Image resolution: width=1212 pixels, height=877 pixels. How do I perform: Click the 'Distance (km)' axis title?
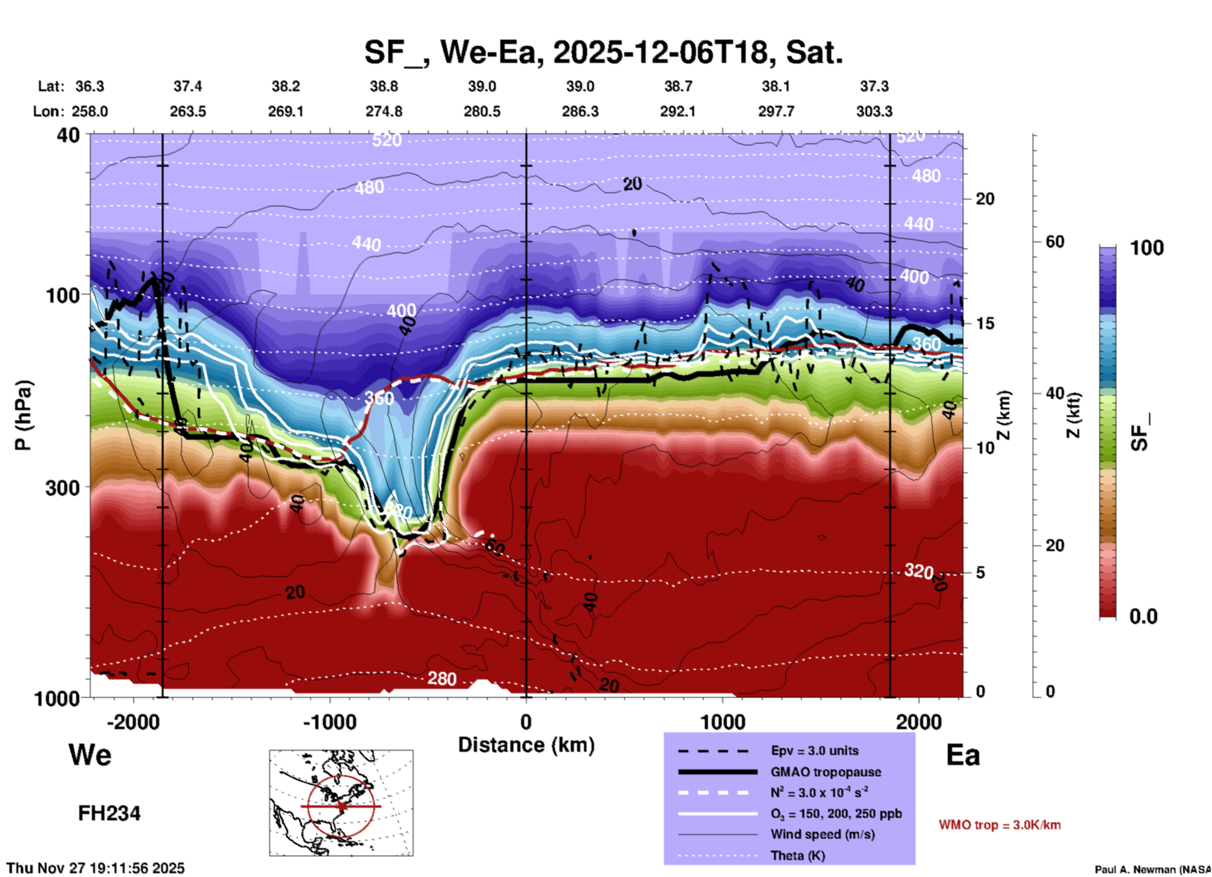click(x=526, y=745)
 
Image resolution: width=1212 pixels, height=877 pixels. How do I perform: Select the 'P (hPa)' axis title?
click(x=23, y=415)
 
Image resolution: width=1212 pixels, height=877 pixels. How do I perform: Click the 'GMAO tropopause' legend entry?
click(x=826, y=772)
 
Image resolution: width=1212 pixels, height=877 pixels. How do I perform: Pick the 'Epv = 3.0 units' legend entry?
click(x=814, y=751)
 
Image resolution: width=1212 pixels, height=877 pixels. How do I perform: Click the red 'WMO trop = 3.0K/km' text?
click(x=999, y=825)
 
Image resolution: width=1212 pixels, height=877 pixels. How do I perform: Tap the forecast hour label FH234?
click(x=109, y=813)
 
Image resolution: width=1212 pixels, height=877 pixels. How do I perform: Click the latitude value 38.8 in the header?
click(x=384, y=86)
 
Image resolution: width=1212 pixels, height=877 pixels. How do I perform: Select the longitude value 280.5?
click(x=482, y=111)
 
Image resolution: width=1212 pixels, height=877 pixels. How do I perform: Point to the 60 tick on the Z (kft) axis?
click(x=1055, y=242)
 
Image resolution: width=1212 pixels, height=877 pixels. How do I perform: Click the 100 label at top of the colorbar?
click(x=1147, y=248)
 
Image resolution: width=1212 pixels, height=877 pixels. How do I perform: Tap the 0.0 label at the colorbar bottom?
click(x=1143, y=617)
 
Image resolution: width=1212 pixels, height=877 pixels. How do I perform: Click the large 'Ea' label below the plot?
click(x=963, y=755)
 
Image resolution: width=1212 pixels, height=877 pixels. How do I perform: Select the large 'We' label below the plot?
click(x=90, y=755)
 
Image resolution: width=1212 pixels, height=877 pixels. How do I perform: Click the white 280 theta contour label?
click(x=442, y=679)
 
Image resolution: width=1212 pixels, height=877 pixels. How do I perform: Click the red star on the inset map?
click(x=342, y=806)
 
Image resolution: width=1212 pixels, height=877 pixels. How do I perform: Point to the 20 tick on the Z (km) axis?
click(x=985, y=199)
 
